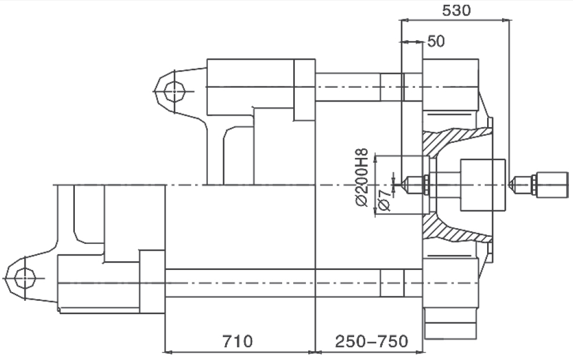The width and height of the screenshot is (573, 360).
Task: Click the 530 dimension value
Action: pos(456,10)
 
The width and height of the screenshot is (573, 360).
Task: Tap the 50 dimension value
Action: pos(436,42)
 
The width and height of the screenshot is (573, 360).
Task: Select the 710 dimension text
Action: pos(237,341)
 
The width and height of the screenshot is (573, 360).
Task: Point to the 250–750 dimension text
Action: pos(372,341)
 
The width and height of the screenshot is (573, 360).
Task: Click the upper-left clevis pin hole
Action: pos(174,91)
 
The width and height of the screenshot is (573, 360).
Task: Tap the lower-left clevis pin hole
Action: pos(25,278)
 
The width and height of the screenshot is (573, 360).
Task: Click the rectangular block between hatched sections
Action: pos(482,185)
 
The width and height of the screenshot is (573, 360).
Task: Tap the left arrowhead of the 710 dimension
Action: pos(167,352)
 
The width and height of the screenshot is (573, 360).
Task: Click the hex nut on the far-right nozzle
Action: pos(534,185)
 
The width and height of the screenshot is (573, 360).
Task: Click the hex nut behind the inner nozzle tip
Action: pos(426,185)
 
